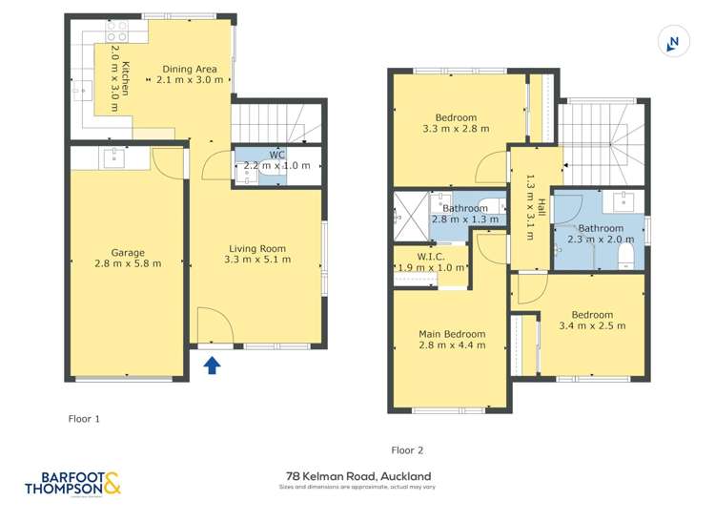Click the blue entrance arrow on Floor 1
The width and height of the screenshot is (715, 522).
(212, 364)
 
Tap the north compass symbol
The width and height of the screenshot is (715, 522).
(673, 42)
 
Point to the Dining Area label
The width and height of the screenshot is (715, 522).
(190, 69)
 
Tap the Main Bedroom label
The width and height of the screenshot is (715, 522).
(452, 334)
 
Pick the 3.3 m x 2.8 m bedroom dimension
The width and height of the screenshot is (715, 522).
(456, 129)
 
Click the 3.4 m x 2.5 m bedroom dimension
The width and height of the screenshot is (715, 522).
(592, 326)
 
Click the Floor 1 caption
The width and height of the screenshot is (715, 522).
(84, 418)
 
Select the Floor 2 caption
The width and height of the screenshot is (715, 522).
(407, 449)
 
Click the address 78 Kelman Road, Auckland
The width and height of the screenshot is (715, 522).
(357, 475)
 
